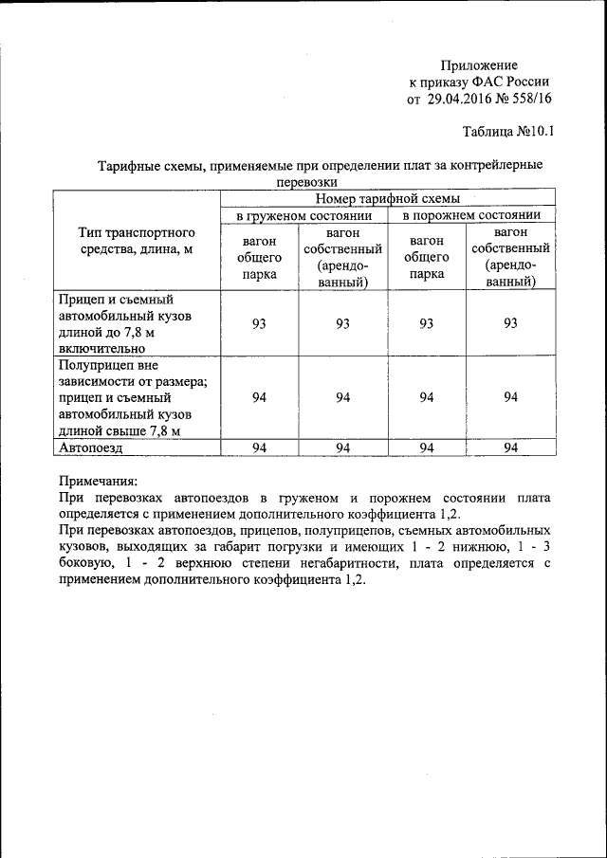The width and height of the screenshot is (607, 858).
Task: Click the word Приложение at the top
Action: [x=479, y=64]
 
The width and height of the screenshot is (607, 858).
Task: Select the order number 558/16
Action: [x=530, y=98]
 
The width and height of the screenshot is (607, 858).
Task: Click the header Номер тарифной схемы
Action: [x=388, y=199]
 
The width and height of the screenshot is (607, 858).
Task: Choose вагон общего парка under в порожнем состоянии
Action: [x=427, y=257]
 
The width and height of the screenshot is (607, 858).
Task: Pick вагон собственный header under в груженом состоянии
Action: [x=342, y=257]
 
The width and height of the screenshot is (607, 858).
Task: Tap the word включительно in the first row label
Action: [x=102, y=348]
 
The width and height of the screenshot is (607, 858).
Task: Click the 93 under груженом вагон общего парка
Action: [x=259, y=324]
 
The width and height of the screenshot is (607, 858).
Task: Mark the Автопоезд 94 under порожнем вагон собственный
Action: [x=510, y=447]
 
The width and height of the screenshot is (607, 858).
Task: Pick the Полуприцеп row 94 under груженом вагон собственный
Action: [x=342, y=397]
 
